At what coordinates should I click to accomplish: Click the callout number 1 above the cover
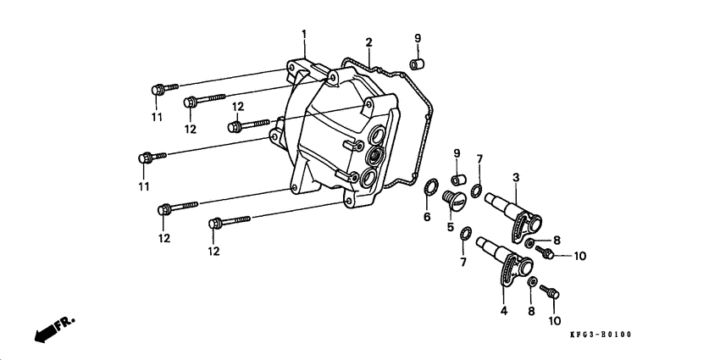[304, 34]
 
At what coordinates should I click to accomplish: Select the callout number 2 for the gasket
[368, 42]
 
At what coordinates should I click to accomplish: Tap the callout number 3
[514, 177]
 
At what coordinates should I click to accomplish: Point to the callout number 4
[503, 311]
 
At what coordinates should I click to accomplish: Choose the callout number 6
[427, 217]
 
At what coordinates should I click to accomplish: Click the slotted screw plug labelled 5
[455, 202]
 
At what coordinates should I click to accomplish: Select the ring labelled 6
[430, 186]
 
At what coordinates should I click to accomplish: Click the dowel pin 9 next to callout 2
[418, 63]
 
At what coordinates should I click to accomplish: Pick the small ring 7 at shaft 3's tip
[477, 187]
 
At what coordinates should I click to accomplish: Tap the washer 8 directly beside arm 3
[529, 244]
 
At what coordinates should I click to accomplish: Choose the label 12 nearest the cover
[238, 107]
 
